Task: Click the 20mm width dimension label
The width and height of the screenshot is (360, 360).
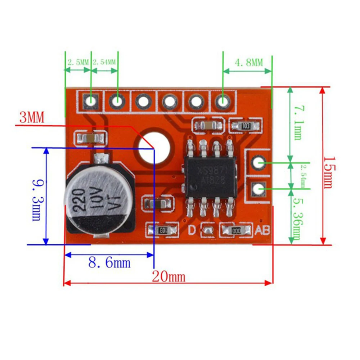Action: (168, 277)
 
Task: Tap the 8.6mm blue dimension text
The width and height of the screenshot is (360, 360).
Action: (109, 263)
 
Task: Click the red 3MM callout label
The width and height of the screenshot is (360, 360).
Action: (31, 117)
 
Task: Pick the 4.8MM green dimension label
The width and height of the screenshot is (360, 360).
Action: (249, 63)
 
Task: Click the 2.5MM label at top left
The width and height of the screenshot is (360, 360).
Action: (77, 62)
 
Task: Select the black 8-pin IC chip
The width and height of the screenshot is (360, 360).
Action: (210, 176)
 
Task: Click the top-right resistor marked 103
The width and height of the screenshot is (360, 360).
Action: (246, 126)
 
